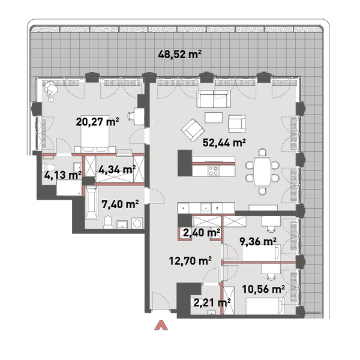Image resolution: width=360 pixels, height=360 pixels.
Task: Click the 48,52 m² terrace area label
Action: pos(180,55)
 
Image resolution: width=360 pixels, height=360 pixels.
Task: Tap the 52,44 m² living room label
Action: pos(224,143)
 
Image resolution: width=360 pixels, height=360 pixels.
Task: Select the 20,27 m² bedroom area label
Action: pos(97,121)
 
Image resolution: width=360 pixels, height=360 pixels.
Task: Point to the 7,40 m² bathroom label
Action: pos(120,204)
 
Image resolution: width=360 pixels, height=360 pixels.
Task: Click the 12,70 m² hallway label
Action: pos(190,260)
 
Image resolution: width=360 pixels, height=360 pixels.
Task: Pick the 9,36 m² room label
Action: pos(258,241)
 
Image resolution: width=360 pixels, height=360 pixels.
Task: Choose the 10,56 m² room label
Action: pos(263,289)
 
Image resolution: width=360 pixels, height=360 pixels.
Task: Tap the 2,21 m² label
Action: pos(212,303)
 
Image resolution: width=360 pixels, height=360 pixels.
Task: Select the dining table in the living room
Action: pos(262,172)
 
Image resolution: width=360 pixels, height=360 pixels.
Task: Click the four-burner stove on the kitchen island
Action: pos(213,170)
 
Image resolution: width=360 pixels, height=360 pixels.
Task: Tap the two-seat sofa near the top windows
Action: pos(214,99)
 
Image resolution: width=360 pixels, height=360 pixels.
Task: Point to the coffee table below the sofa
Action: pos(214,118)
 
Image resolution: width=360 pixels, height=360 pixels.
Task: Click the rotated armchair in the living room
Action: pos(193,130)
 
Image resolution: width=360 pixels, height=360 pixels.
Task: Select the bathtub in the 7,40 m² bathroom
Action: pos(91,202)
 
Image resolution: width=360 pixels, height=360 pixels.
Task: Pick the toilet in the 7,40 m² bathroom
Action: pos(108,222)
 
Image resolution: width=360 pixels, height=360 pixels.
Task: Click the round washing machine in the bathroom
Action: pos(137,223)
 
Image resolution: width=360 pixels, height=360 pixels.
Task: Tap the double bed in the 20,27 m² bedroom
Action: pos(95,134)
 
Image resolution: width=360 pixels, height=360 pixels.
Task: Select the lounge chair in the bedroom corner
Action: pos(51,89)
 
